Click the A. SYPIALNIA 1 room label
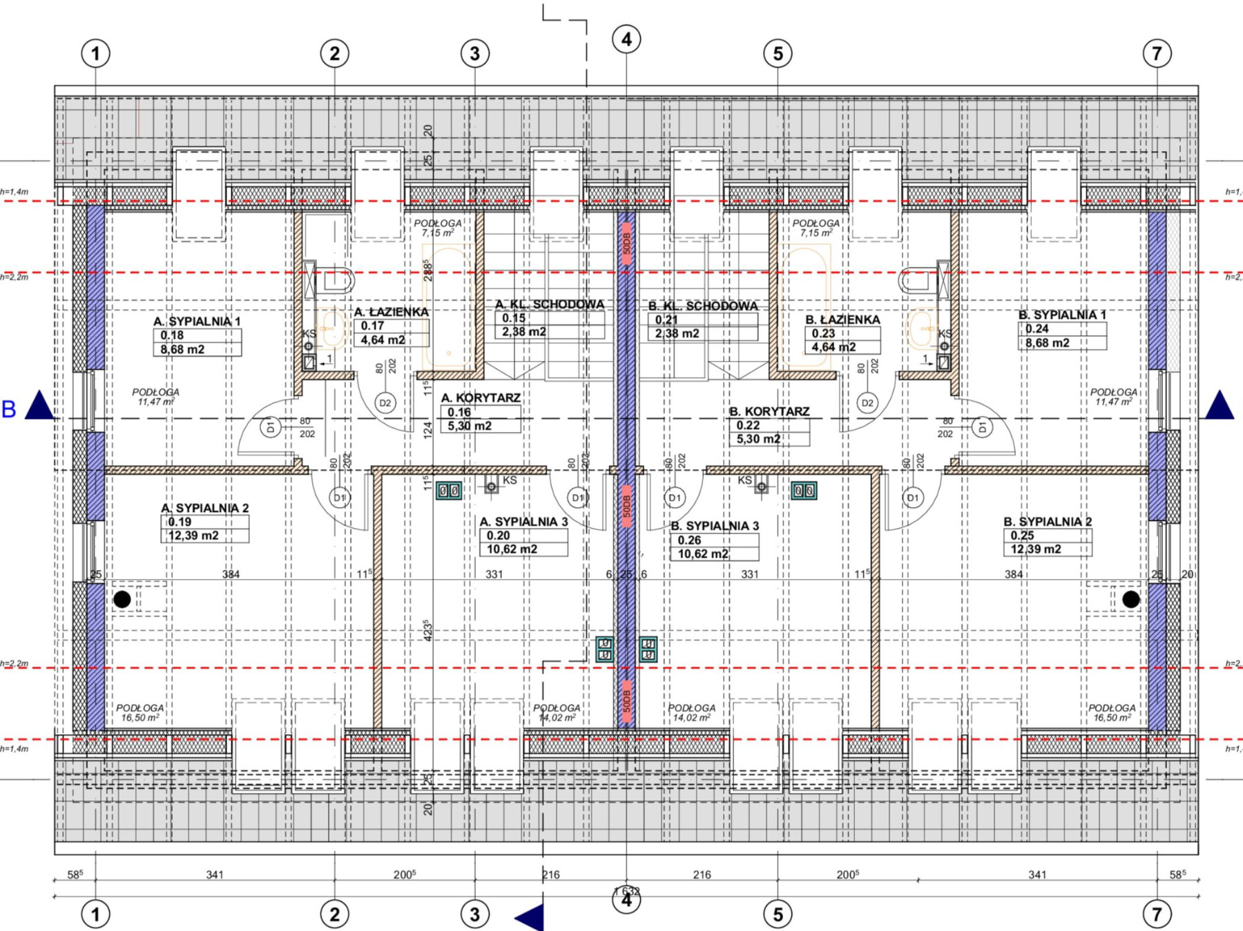pos(197,322)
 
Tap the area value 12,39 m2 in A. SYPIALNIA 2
pos(193,536)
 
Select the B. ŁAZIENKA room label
pos(842,320)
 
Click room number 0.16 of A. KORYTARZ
pos(459,412)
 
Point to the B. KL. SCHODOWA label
pos(703,306)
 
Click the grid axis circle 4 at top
pos(626,39)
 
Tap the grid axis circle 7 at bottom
pos(1157,914)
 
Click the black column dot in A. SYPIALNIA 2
pos(122,599)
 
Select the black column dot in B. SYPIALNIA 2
pos(1130,599)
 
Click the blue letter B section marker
pos(9,409)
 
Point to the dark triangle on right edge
pos(1220,406)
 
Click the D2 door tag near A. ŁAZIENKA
pos(385,403)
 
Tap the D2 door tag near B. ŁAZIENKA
pos(867,403)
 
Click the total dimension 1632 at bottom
pos(626,892)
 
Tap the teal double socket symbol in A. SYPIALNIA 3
pos(449,491)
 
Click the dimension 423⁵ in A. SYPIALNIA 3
pos(427,630)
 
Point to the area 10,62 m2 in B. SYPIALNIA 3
pos(703,553)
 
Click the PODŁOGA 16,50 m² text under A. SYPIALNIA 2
pos(140,713)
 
